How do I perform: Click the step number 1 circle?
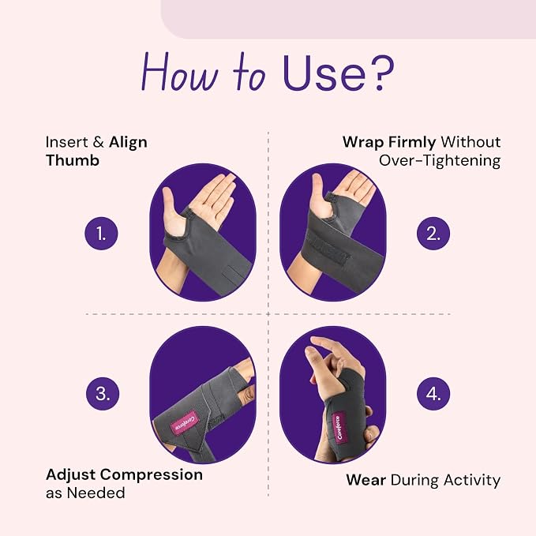tap(101, 234)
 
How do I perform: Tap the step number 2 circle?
tap(433, 234)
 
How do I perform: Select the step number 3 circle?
tap(103, 393)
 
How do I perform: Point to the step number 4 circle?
tap(433, 393)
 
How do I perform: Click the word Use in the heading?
tap(324, 73)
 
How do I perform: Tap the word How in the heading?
tap(179, 72)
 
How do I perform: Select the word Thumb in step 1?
tap(73, 160)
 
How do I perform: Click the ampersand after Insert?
tap(98, 142)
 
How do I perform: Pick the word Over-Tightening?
tap(440, 161)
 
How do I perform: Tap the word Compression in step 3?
tap(151, 475)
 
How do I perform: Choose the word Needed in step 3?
tap(96, 493)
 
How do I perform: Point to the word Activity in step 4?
tap(472, 481)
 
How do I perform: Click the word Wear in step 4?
tap(366, 480)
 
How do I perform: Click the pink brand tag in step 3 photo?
tap(185, 422)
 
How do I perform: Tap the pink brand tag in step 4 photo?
tap(339, 428)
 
